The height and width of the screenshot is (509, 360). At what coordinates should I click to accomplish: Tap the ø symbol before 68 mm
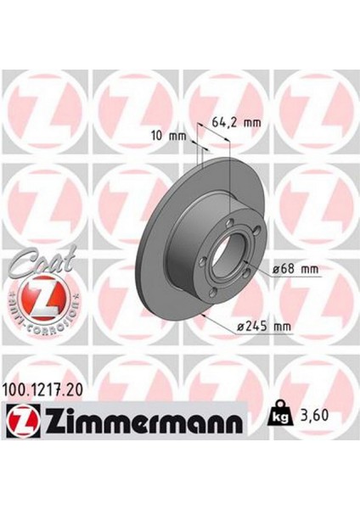pos(277,269)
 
